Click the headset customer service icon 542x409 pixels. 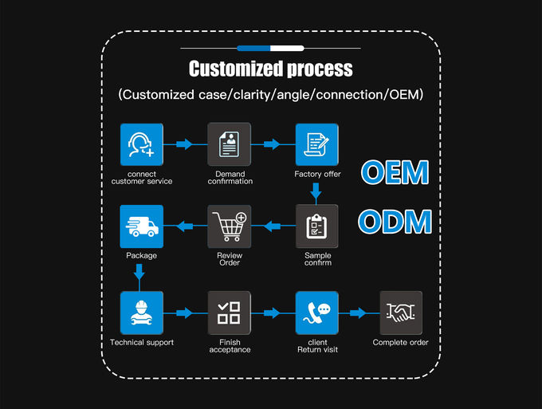[141, 144]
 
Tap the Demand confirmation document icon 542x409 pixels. [230, 144]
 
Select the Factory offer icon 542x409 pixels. [316, 144]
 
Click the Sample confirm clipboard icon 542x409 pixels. [316, 226]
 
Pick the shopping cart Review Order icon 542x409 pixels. [230, 226]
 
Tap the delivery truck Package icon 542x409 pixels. [141, 226]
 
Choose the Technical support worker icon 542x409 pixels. [141, 313]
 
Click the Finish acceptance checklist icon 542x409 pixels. [230, 313]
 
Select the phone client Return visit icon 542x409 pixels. [316, 313]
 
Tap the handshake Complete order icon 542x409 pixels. [400, 313]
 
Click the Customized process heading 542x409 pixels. [270, 68]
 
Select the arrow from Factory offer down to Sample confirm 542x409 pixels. [316, 191]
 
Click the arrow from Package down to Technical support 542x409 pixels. [141, 273]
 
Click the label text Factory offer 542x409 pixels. [317, 174]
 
